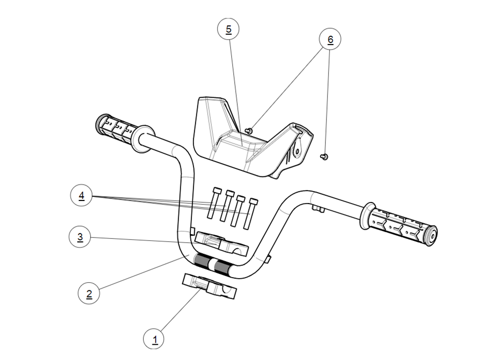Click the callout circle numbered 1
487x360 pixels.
(x=154, y=338)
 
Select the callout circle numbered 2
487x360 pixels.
(x=88, y=294)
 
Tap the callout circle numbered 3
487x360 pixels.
(x=80, y=237)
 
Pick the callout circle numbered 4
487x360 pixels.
(x=81, y=195)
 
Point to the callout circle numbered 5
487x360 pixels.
(x=228, y=29)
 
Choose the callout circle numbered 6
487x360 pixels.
(x=330, y=39)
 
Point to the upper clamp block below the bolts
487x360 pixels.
(x=222, y=243)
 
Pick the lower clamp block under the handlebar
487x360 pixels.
(x=210, y=286)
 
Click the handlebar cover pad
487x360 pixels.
(x=240, y=138)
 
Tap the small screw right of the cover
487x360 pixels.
(x=324, y=155)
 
